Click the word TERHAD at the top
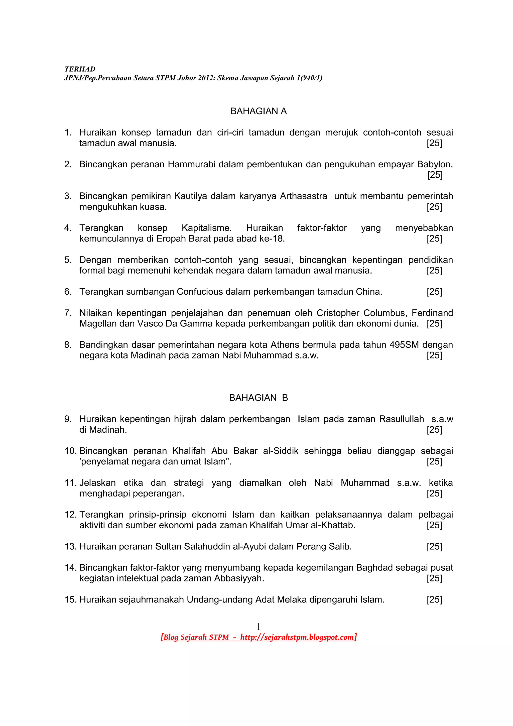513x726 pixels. [x=80, y=69]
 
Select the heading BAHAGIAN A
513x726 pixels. [x=258, y=111]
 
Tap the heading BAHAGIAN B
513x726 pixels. [x=258, y=398]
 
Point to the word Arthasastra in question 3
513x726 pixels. [x=303, y=196]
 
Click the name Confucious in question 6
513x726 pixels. [x=200, y=292]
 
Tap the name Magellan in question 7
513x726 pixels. [x=98, y=323]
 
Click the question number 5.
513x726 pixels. [x=68, y=260]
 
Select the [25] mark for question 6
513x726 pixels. [x=434, y=292]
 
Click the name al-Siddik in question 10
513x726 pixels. [x=281, y=451]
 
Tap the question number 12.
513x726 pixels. [x=70, y=515]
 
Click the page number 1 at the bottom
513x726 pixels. [x=258, y=626]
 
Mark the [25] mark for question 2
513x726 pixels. [x=435, y=175]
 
